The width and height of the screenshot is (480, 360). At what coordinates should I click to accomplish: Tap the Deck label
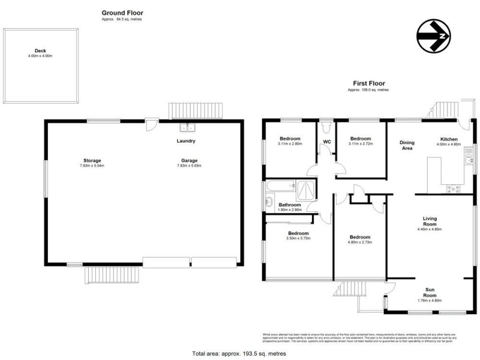click(x=40, y=51)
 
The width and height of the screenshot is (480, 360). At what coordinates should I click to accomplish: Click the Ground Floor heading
click(x=122, y=13)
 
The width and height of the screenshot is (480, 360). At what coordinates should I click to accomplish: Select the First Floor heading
click(x=368, y=84)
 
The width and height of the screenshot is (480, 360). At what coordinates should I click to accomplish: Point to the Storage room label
click(x=92, y=160)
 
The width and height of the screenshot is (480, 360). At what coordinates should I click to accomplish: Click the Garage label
click(x=189, y=160)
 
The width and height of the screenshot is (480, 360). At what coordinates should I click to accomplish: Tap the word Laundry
click(x=186, y=141)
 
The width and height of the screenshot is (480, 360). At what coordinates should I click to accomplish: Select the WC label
click(x=328, y=142)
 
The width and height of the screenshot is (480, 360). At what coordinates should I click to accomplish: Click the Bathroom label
click(x=289, y=205)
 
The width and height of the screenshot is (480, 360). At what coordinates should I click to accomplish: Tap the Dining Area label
click(x=407, y=145)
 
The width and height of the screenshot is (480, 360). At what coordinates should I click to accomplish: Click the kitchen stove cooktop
click(x=454, y=188)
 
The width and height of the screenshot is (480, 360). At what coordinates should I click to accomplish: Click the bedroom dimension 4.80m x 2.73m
click(x=360, y=242)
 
